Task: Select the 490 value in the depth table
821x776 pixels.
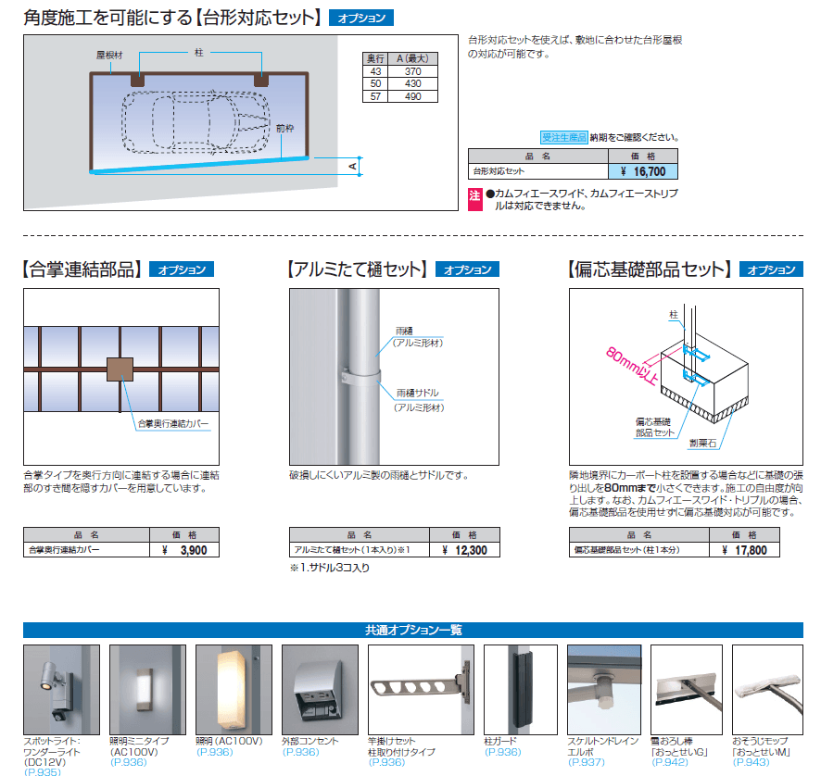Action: [x=413, y=95]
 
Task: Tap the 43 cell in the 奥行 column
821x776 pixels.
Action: [x=375, y=71]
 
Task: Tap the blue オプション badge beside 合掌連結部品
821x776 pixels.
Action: [x=182, y=270]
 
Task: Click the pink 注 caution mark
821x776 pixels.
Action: [x=475, y=194]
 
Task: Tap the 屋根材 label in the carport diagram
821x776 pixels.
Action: [x=108, y=55]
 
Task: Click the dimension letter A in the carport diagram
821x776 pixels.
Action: [x=352, y=165]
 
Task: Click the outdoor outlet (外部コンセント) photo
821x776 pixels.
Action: [x=320, y=690]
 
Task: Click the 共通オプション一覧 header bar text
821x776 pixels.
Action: [x=413, y=630]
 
